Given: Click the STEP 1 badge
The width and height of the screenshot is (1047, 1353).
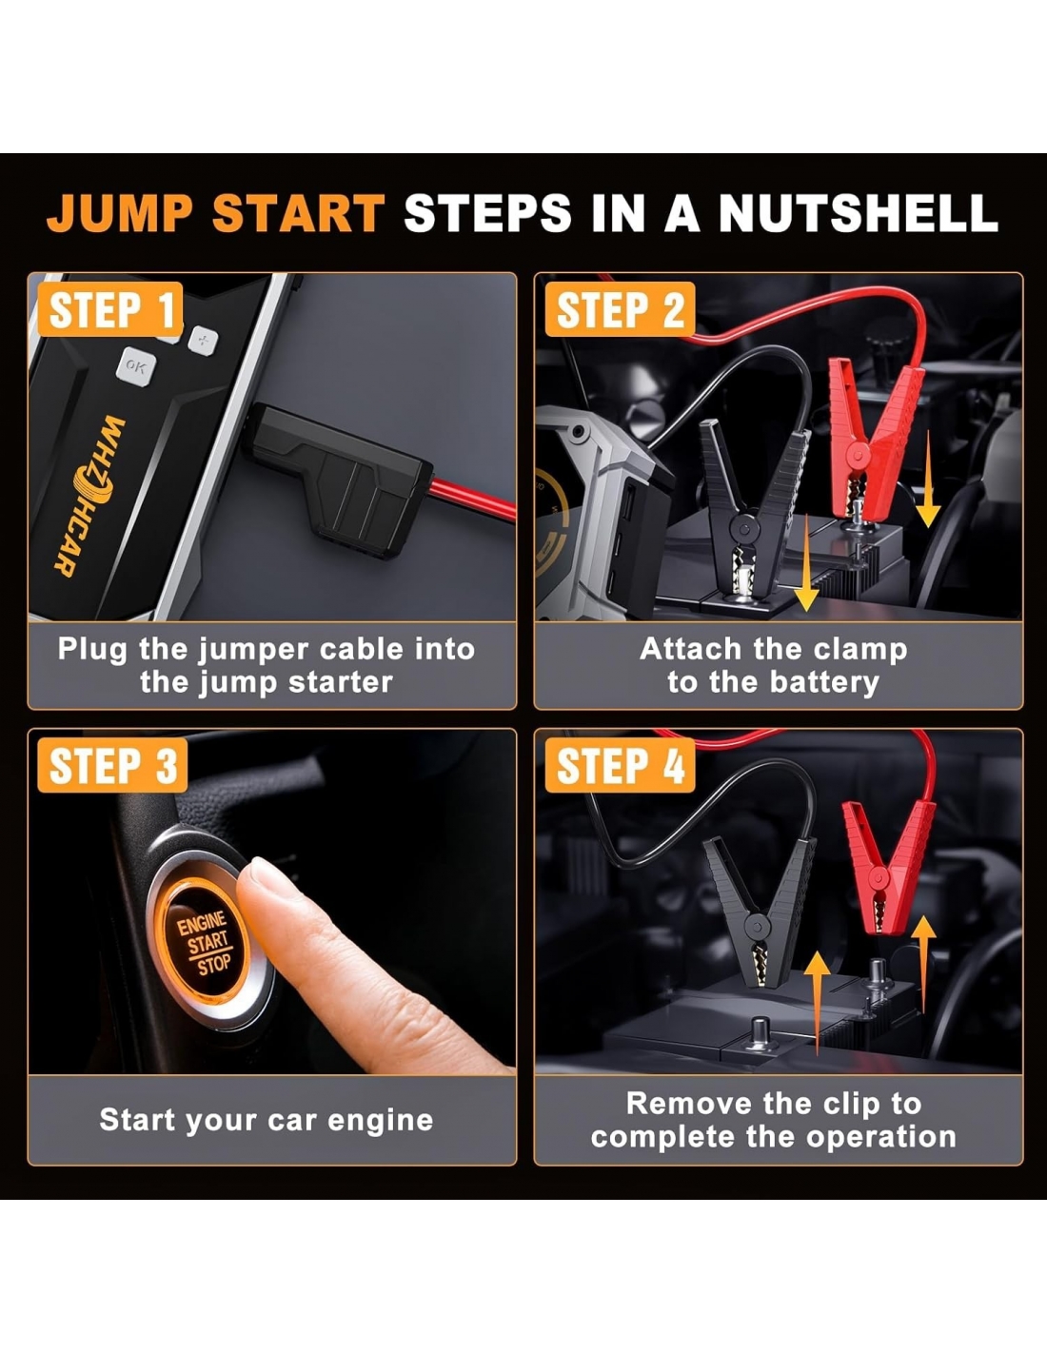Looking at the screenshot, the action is pyautogui.click(x=110, y=309).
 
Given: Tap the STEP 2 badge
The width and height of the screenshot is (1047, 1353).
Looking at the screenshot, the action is pyautogui.click(x=620, y=309).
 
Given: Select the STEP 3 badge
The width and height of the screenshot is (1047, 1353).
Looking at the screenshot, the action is pyautogui.click(x=112, y=765).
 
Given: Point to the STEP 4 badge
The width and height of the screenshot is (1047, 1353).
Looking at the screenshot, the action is pyautogui.click(x=620, y=765).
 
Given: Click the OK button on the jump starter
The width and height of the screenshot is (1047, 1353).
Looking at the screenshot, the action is pyautogui.click(x=136, y=366).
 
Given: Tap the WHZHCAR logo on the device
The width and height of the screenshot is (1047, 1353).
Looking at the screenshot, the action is pyautogui.click(x=90, y=497).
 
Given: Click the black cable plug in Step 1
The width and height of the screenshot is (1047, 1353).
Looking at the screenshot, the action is pyautogui.click(x=340, y=479).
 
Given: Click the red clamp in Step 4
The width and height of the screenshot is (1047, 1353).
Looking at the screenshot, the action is pyautogui.click(x=887, y=866).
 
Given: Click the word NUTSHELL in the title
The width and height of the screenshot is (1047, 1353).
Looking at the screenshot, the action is pyautogui.click(x=859, y=213).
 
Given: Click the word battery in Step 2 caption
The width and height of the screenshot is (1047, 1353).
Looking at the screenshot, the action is pyautogui.click(x=824, y=683).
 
